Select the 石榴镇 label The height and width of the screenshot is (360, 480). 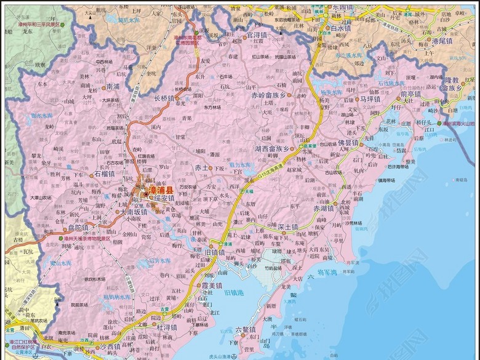pos(105,174)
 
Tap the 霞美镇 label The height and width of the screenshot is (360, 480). pos(211,286)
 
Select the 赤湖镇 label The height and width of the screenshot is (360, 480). pos(326,208)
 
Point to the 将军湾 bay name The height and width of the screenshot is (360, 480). pos(327,271)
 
